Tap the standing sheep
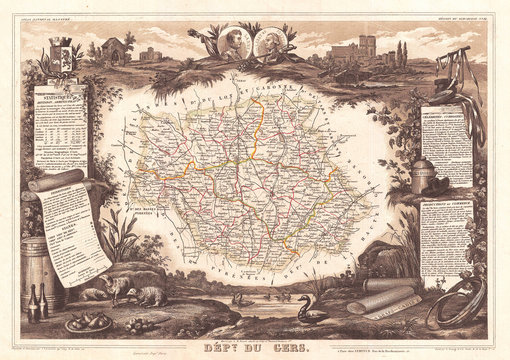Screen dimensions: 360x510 coord(118,289)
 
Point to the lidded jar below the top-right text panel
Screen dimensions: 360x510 coord(422,174)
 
